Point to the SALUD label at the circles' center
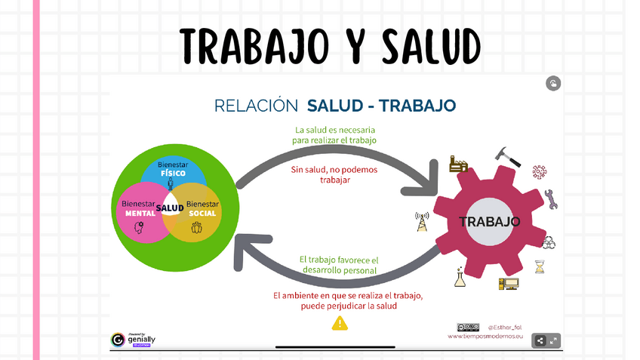tap(170, 208)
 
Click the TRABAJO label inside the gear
tap(490, 222)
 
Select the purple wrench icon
tap(550, 198)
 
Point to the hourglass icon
tap(539, 266)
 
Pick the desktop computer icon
tap(507, 284)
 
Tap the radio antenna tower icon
tap(420, 222)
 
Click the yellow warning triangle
tap(340, 323)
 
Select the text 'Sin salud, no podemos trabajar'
tap(334, 175)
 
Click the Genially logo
tap(133, 340)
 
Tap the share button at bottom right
tap(540, 340)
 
